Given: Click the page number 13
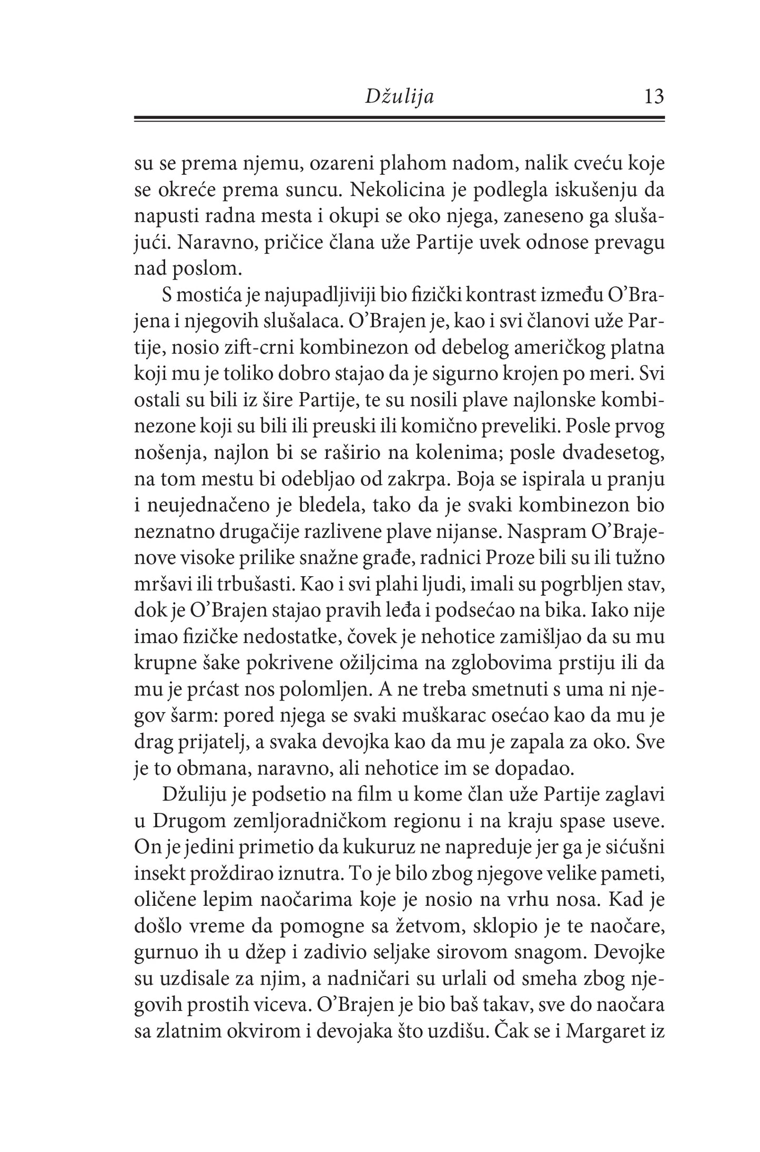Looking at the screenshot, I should (x=654, y=97).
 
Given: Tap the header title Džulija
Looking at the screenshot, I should (x=400, y=97).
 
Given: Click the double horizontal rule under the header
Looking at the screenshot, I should (x=400, y=119).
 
